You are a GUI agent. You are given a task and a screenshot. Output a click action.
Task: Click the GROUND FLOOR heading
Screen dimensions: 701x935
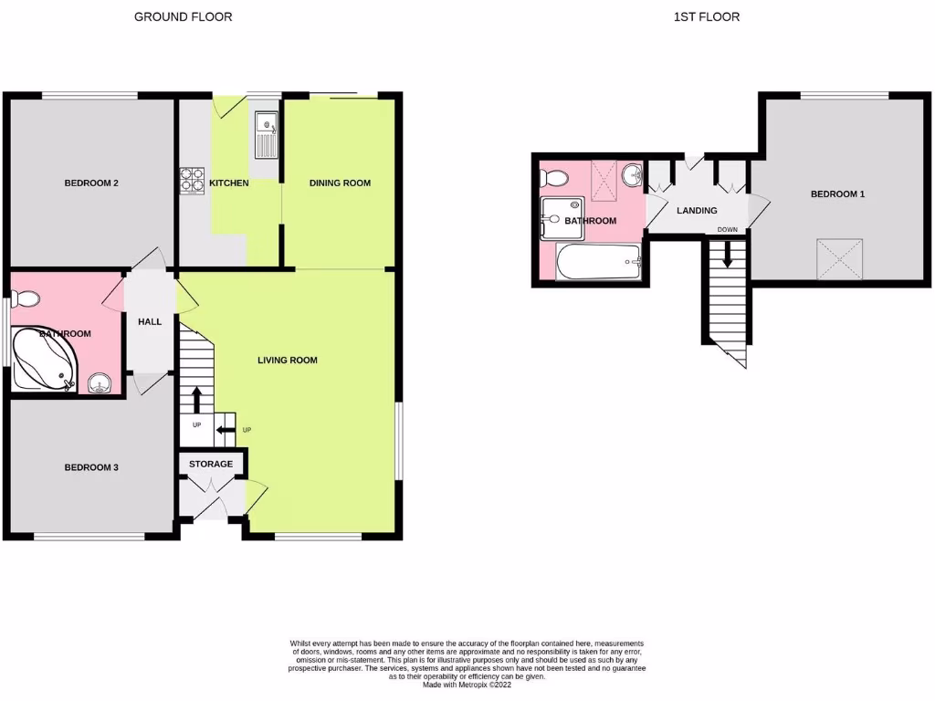[x=183, y=16]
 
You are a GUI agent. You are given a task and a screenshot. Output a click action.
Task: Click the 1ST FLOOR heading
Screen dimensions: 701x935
[x=706, y=16]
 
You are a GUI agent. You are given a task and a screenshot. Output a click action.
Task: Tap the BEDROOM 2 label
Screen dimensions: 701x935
[x=91, y=183]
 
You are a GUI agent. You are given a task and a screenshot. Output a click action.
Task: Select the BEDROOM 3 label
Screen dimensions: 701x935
[x=91, y=467]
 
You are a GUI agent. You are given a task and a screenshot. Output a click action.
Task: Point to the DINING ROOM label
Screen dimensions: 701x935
[x=340, y=183]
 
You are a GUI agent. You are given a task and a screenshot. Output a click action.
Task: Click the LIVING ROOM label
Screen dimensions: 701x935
[x=288, y=361]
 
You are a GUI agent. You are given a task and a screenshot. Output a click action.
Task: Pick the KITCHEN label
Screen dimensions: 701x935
[x=228, y=183]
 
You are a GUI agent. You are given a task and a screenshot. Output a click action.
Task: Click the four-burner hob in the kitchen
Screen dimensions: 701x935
[x=193, y=180]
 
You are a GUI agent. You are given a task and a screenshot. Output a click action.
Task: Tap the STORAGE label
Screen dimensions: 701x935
[x=211, y=464]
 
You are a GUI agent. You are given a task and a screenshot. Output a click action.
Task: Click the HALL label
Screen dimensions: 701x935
[x=150, y=321]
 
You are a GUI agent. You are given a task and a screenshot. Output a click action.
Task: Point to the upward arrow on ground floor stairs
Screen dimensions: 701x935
[x=196, y=400]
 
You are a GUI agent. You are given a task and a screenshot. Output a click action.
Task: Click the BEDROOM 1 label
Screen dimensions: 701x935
[x=837, y=194]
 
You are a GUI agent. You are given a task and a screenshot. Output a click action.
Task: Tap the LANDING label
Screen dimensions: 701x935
[x=696, y=211]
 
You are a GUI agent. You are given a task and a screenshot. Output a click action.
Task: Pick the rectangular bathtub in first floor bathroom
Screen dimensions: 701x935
[x=599, y=263]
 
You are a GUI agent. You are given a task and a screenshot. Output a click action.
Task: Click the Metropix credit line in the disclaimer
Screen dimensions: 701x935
[x=467, y=684]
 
